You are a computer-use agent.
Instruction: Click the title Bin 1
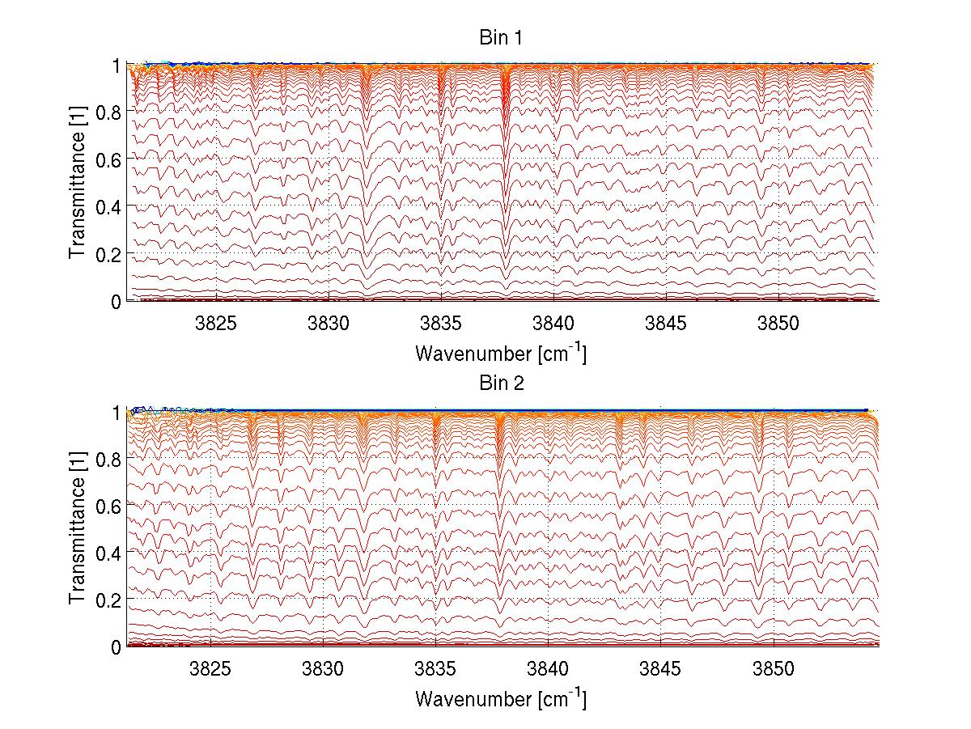(x=501, y=37)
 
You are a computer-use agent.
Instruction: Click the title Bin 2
(x=501, y=384)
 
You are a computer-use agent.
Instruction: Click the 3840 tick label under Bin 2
(x=549, y=672)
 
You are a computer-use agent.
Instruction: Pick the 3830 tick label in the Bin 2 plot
(x=324, y=672)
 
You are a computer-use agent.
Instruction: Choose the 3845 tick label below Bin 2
(x=661, y=672)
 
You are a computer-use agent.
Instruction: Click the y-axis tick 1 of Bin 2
(x=117, y=412)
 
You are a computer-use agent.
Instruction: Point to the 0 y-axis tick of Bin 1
(x=117, y=301)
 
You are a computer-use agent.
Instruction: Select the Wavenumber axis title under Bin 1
(x=501, y=353)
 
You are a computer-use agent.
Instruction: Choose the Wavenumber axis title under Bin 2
(x=501, y=699)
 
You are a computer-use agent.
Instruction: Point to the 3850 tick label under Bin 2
(x=774, y=672)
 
